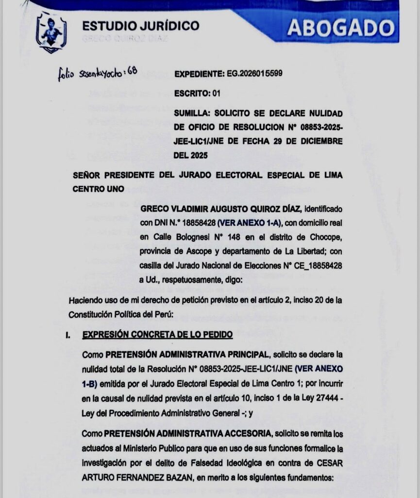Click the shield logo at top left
[x=51, y=33]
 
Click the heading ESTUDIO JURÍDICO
[x=140, y=26]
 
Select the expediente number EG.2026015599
[x=254, y=74]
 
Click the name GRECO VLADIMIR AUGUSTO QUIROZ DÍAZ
[x=221, y=209]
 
